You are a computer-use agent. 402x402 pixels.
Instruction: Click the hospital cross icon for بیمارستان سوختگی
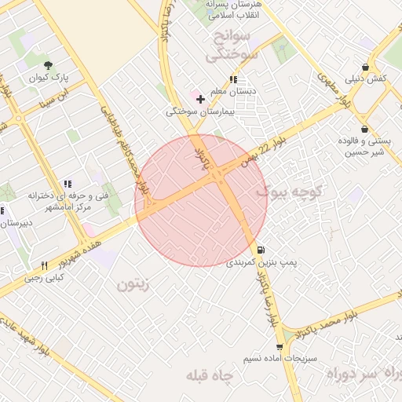tap(201, 99)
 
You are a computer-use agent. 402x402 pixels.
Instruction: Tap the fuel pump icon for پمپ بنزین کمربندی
tap(261, 250)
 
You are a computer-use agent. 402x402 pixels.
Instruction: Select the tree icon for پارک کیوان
tap(49, 66)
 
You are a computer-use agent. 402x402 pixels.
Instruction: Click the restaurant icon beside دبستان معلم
tap(232, 79)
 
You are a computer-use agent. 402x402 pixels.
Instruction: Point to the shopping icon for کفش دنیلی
tap(365, 68)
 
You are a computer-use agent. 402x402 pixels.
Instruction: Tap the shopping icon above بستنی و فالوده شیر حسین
tap(364, 129)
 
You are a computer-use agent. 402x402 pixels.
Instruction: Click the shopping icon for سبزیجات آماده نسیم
tap(279, 346)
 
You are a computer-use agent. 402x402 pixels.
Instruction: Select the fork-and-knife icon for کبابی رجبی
tap(44, 265)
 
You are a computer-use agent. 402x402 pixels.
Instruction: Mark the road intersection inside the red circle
tap(220, 180)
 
